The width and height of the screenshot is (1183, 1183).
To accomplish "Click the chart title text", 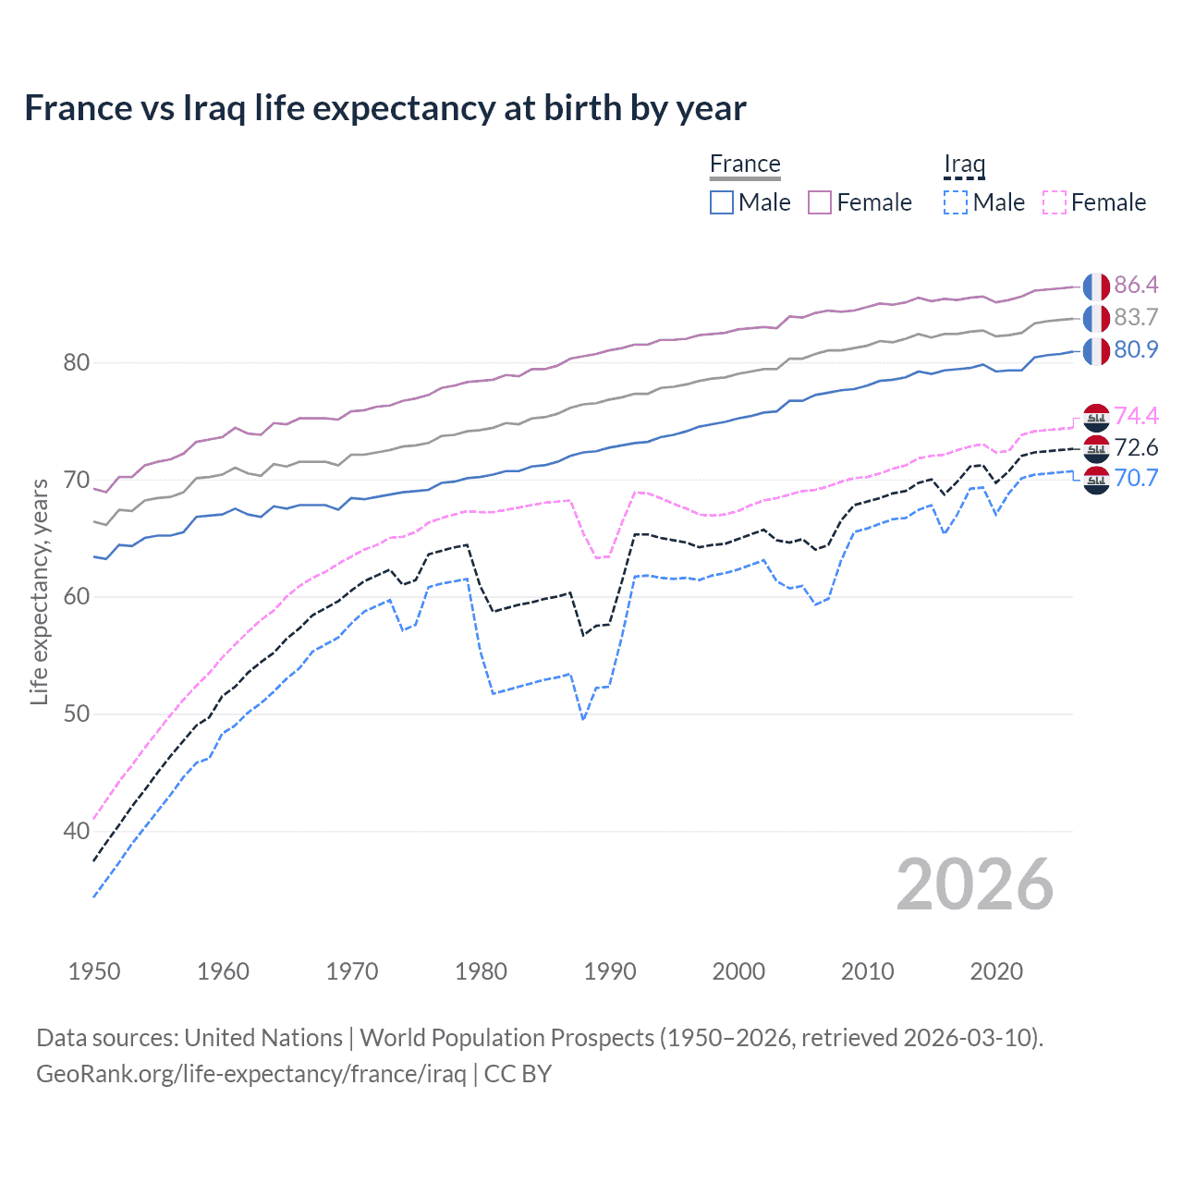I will (384, 108).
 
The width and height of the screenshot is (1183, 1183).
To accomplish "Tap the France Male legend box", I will (722, 202).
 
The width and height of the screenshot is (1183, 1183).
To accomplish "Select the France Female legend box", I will (820, 202).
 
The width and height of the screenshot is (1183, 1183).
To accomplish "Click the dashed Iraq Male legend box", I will (956, 202).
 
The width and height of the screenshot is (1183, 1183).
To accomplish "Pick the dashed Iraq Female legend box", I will (1054, 202).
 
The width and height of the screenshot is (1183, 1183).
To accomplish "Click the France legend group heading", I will (745, 164).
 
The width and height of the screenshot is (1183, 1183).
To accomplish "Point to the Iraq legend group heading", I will (964, 164).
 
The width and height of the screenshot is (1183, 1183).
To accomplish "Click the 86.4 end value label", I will (1136, 285).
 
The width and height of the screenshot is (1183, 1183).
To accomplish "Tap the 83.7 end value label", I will (1136, 317).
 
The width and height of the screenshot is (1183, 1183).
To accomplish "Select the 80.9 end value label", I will (1136, 349).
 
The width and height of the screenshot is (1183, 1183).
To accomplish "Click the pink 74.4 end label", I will (1136, 416).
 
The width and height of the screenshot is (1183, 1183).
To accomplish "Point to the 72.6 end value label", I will (1136, 448).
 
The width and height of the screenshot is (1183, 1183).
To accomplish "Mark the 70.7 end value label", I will (1136, 478).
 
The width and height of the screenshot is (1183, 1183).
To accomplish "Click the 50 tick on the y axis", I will (76, 714).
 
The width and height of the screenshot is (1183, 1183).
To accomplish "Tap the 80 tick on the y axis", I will (76, 362).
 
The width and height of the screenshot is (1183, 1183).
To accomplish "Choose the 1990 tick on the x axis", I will (610, 971).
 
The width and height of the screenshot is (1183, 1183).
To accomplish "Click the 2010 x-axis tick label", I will (867, 971).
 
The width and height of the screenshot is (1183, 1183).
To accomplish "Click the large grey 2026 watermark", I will (974, 884).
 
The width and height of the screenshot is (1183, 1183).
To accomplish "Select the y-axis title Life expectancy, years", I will (39, 591).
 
